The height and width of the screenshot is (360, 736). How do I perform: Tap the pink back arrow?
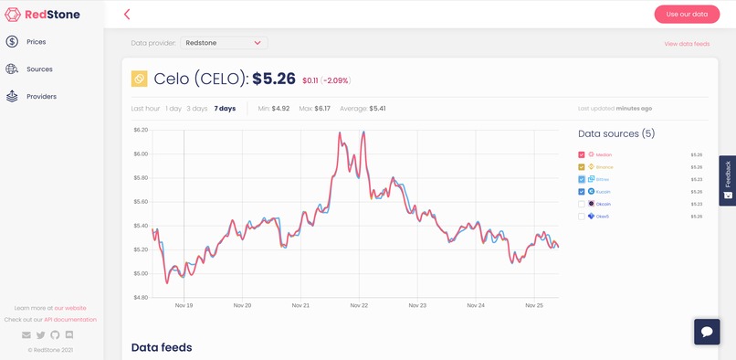click(127, 15)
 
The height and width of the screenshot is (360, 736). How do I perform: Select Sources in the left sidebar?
click(38, 69)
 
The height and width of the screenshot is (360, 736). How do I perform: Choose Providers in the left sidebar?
click(41, 97)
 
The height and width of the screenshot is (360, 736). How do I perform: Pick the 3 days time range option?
click(197, 109)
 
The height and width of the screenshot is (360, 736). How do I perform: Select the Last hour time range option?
click(145, 109)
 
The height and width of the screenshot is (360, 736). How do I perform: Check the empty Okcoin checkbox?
click(582, 204)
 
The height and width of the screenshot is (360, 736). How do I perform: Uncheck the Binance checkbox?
click(582, 167)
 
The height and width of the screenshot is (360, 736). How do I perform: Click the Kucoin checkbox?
click(582, 192)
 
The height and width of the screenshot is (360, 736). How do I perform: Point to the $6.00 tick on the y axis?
click(141, 154)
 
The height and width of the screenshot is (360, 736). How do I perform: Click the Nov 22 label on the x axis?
click(359, 305)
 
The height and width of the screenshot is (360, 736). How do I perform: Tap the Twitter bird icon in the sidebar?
click(40, 335)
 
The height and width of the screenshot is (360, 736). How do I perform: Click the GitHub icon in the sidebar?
click(55, 335)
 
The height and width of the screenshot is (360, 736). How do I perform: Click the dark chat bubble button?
click(707, 331)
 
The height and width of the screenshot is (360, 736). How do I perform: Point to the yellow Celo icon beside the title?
click(140, 79)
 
